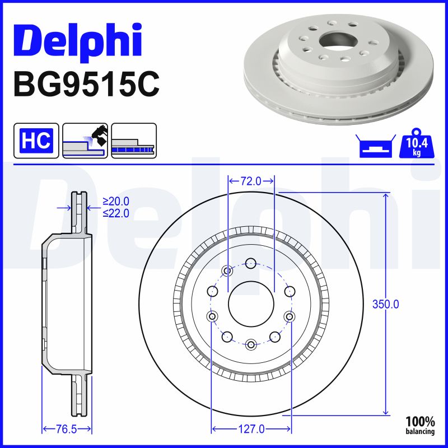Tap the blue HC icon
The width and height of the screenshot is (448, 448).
(x=36, y=141)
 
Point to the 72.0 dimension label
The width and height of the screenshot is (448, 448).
(x=251, y=181)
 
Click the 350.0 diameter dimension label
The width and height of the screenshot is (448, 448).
(x=386, y=304)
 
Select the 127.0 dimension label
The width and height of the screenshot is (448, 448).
(x=251, y=430)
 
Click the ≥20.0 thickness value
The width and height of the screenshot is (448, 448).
(x=116, y=201)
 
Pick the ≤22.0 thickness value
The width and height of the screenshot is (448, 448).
(x=116, y=213)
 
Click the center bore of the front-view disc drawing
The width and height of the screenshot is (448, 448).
(x=251, y=304)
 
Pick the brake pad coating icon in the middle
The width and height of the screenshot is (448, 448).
(x=86, y=141)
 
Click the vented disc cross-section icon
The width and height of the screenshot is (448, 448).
(x=134, y=141)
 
